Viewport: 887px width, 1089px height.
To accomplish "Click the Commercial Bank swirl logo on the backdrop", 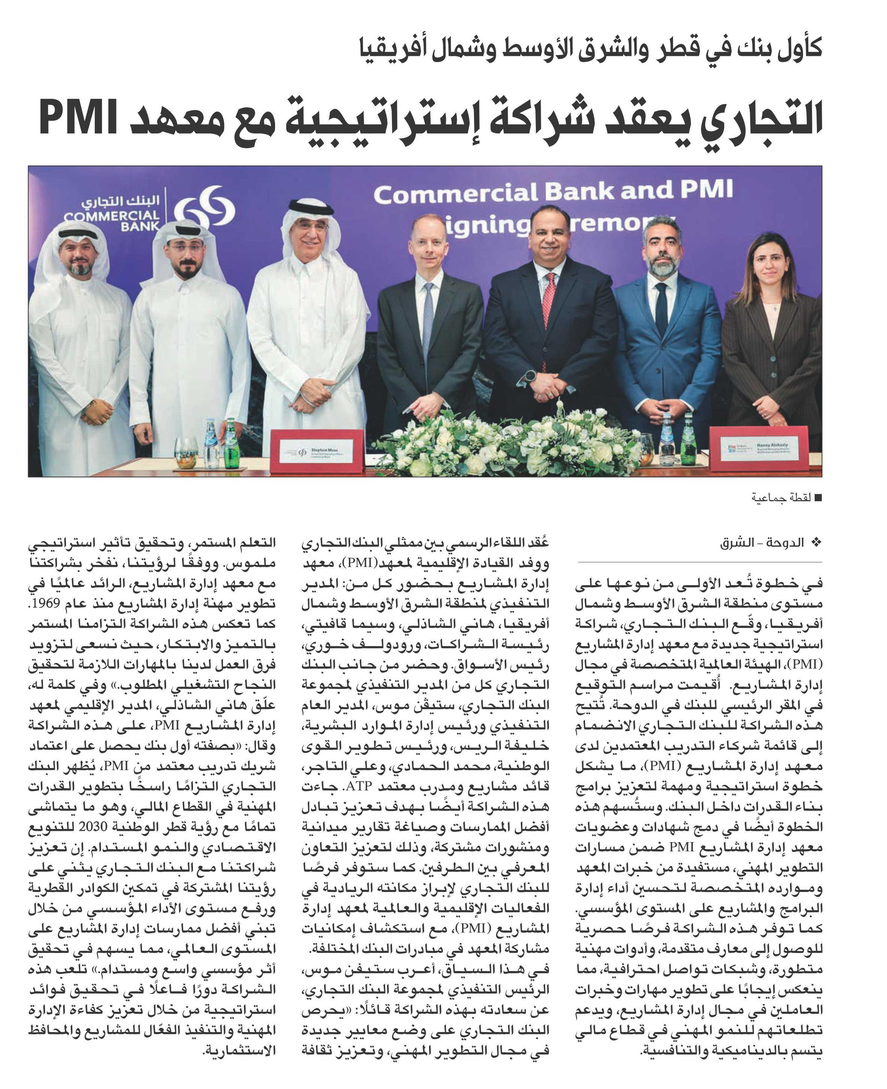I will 204,208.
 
